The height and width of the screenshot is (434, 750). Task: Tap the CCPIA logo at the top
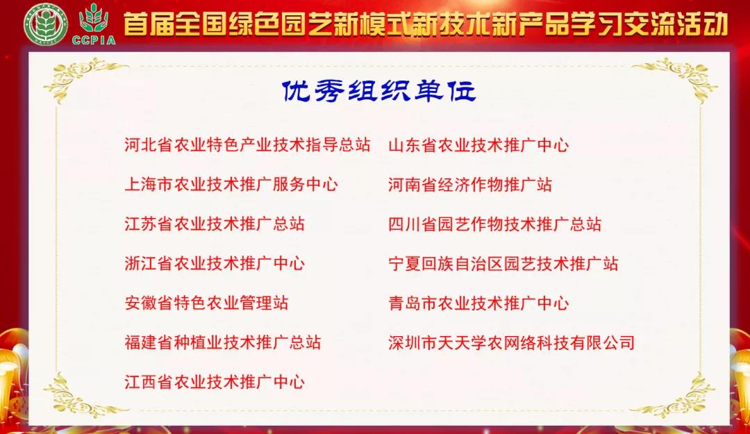(x=94, y=24)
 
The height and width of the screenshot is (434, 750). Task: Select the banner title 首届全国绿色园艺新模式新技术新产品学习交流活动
(x=426, y=24)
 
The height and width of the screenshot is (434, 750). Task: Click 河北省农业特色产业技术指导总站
(x=247, y=146)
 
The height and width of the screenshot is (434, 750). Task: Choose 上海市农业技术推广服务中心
(x=231, y=185)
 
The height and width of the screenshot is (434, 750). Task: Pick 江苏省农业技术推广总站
(x=215, y=224)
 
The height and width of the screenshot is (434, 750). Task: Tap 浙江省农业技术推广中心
(x=215, y=264)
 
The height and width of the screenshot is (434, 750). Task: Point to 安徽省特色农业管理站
(x=206, y=303)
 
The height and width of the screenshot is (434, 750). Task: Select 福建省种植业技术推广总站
(x=223, y=343)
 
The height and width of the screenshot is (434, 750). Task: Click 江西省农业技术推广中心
(x=215, y=382)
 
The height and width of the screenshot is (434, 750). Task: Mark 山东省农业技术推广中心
(x=478, y=146)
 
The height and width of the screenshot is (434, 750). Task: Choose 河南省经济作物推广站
(x=470, y=185)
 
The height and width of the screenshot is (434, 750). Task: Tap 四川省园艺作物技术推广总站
(x=495, y=224)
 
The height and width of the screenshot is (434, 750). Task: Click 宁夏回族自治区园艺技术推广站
(x=503, y=264)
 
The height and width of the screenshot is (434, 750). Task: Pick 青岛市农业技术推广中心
(x=478, y=303)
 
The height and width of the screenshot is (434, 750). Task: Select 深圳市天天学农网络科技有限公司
(x=512, y=343)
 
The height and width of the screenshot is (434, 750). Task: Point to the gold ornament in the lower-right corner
(x=677, y=396)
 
